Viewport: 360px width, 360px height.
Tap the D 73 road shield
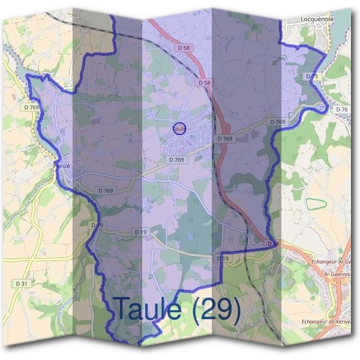pyautogui.click(x=311, y=77)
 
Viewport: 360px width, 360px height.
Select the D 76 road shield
pyautogui.click(x=342, y=109)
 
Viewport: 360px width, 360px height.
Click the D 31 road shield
pyautogui.click(x=22, y=283)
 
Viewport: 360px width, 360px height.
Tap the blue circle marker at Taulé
pyautogui.click(x=178, y=128)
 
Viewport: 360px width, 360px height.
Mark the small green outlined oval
pyautogui.click(x=317, y=204)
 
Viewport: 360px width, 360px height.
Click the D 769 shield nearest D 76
pyautogui.click(x=277, y=121)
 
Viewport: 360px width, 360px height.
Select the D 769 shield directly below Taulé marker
pyautogui.click(x=176, y=160)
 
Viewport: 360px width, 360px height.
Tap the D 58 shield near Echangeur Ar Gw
pyautogui.click(x=273, y=243)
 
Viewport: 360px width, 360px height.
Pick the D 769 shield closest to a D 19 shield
pyautogui.click(x=105, y=190)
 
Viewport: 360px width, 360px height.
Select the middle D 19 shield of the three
pyautogui.click(x=141, y=232)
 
